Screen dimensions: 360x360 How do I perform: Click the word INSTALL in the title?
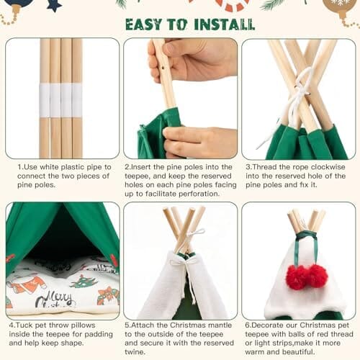[x=224, y=24]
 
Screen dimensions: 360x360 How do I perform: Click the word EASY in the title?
[x=144, y=24]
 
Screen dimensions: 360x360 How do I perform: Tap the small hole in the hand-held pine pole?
[x=164, y=68]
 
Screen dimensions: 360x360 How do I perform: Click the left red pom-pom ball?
[x=297, y=277]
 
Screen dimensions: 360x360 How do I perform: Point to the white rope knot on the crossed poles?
[x=300, y=93]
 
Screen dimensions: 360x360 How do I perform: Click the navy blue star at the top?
[x=55, y=5]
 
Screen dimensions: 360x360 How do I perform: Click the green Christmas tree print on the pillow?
[x=84, y=281]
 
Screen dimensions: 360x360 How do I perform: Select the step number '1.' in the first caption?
[x=20, y=167]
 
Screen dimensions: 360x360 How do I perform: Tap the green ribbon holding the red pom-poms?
[x=307, y=247]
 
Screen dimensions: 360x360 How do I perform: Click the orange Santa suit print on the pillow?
[x=27, y=284]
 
